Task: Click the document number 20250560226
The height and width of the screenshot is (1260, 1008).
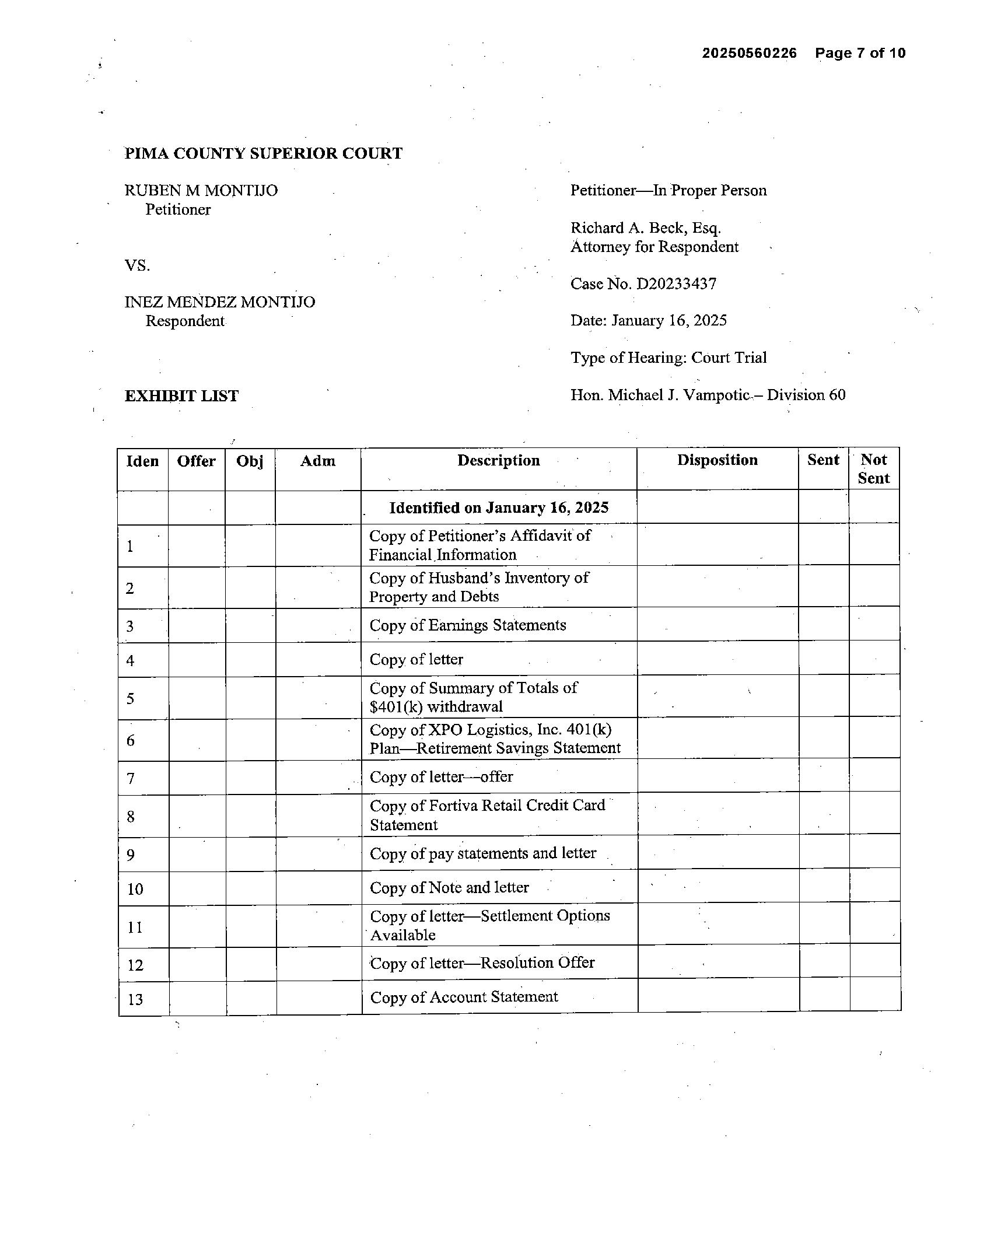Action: (749, 53)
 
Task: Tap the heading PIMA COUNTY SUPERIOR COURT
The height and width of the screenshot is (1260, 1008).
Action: (264, 153)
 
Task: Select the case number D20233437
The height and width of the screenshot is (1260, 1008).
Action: (676, 284)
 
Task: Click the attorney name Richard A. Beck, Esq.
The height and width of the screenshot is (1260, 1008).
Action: (646, 228)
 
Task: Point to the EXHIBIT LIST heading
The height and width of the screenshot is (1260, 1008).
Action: (182, 395)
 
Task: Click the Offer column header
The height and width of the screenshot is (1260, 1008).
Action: (197, 461)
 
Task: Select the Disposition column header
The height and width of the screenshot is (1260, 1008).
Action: (717, 460)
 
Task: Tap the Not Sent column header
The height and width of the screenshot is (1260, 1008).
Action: (874, 468)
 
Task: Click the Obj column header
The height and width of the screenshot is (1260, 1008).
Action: (250, 461)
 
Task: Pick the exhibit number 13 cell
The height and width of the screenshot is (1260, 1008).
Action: (135, 999)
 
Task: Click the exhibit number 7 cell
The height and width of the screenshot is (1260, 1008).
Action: (131, 778)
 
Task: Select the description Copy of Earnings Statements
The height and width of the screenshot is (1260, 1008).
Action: (467, 625)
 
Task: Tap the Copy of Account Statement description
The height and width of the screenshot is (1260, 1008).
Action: (464, 997)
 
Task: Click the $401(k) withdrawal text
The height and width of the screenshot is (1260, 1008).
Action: (436, 707)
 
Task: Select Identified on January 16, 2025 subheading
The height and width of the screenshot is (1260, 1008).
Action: (498, 508)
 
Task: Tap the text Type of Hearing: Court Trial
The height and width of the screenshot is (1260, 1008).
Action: (668, 358)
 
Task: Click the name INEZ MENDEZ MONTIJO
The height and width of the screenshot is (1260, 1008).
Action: (220, 302)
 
